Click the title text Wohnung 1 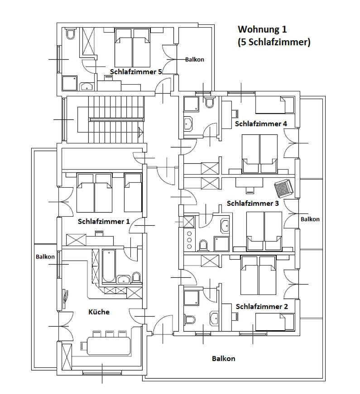pyautogui.click(x=262, y=29)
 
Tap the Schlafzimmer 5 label pyautogui.click(x=136, y=72)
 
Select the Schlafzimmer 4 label pyautogui.click(x=261, y=123)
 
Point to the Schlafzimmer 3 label pyautogui.click(x=253, y=203)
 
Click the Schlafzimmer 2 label pyautogui.click(x=262, y=307)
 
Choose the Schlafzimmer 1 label pyautogui.click(x=104, y=221)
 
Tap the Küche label pyautogui.click(x=99, y=312)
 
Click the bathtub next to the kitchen pyautogui.click(x=109, y=266)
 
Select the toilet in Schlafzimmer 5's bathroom pyautogui.click(x=71, y=34)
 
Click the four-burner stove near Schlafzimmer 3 pyautogui.click(x=189, y=240)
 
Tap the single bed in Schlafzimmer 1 pyautogui.click(x=133, y=193)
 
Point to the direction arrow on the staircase pyautogui.click(x=141, y=132)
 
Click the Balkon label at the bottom pyautogui.click(x=224, y=359)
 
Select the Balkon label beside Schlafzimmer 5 pyautogui.click(x=195, y=60)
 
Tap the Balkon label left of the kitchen pyautogui.click(x=45, y=257)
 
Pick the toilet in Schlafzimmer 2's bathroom pyautogui.click(x=191, y=320)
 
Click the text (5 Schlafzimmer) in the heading pyautogui.click(x=274, y=42)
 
